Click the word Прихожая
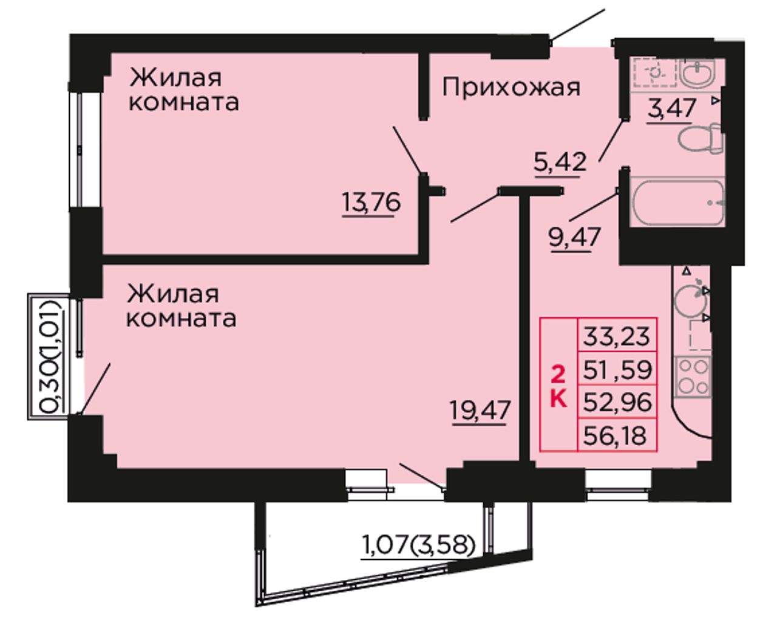(x=511, y=88)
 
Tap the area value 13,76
(x=371, y=203)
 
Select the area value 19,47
(x=480, y=410)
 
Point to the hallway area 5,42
(x=560, y=163)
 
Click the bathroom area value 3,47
(x=671, y=108)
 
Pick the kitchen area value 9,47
(x=575, y=237)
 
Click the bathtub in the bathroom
(x=677, y=203)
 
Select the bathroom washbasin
(x=697, y=73)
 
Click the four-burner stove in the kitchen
(x=693, y=377)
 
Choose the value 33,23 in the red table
(x=616, y=336)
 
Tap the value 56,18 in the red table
(x=615, y=435)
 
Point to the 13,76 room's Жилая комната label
(x=184, y=90)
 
